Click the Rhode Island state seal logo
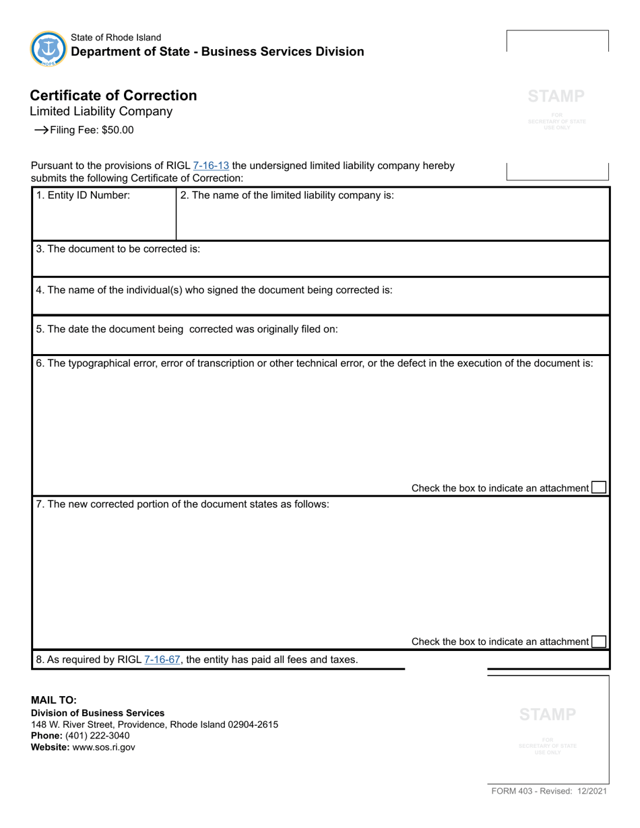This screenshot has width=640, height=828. pyautogui.click(x=48, y=48)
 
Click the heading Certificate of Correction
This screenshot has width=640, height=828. pyautogui.click(x=114, y=96)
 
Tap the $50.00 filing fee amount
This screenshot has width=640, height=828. pyautogui.click(x=117, y=131)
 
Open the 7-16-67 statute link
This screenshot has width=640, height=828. pyautogui.click(x=163, y=660)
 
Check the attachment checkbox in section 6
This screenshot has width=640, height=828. pyautogui.click(x=598, y=487)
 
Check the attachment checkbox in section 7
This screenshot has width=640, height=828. pyautogui.click(x=598, y=642)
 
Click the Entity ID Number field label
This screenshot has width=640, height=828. pyautogui.click(x=83, y=195)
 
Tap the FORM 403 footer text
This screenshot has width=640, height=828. pyautogui.click(x=548, y=792)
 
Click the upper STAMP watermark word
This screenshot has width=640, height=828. pyautogui.click(x=556, y=96)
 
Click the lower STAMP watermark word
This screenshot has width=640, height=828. pyautogui.click(x=548, y=714)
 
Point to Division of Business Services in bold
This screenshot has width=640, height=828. pyautogui.click(x=98, y=713)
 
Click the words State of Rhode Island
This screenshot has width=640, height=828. pyautogui.click(x=116, y=38)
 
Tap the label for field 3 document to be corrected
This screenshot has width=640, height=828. pyautogui.click(x=119, y=248)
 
